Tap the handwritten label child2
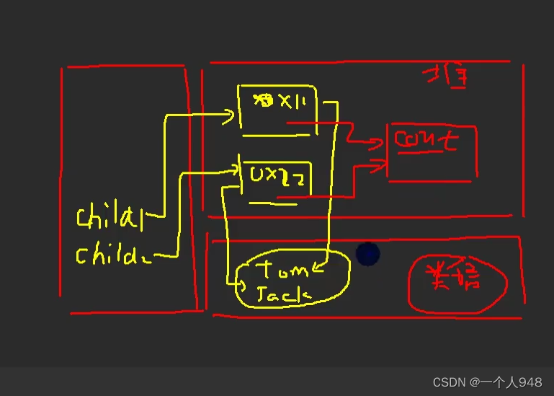pyautogui.click(x=110, y=255)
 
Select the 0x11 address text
pyautogui.click(x=280, y=103)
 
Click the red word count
pyautogui.click(x=426, y=139)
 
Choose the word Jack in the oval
pyautogui.click(x=283, y=294)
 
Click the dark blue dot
pyautogui.click(x=367, y=253)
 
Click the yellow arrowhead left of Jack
pyautogui.click(x=241, y=283)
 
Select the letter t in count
pyautogui.click(x=450, y=140)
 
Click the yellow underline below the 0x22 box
pyautogui.click(x=274, y=203)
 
